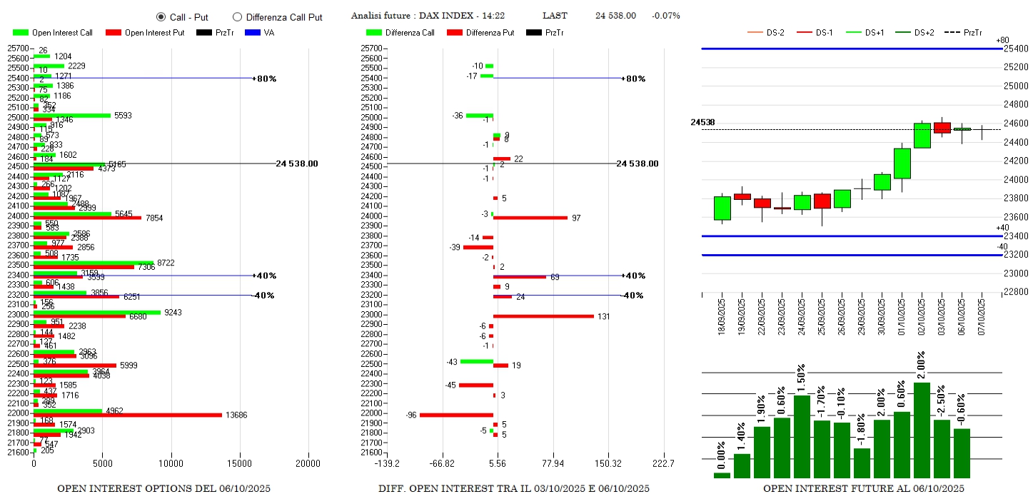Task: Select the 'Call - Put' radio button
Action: (161, 16)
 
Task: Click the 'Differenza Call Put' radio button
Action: (238, 16)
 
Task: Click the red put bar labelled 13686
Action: (128, 415)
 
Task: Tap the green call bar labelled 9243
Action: (97, 312)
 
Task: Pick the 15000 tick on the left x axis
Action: (240, 463)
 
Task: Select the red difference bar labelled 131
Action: (543, 316)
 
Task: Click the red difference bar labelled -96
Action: (456, 415)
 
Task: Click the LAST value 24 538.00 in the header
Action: (615, 16)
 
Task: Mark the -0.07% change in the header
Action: (665, 16)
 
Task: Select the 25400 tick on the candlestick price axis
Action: (1017, 49)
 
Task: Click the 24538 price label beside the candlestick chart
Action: (702, 122)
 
